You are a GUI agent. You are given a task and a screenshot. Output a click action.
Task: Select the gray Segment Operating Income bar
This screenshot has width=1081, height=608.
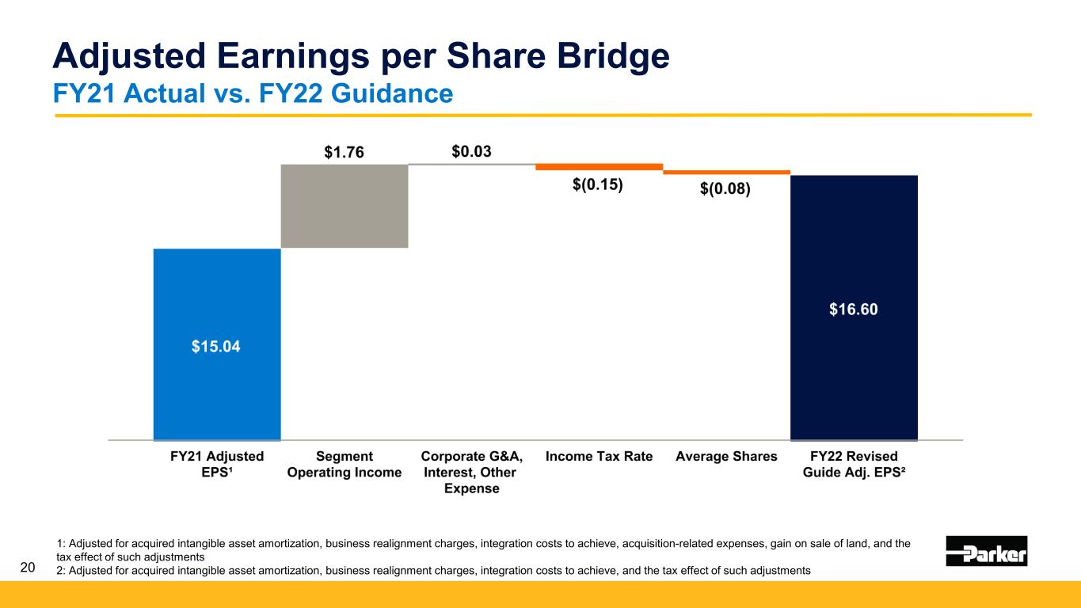point(344,206)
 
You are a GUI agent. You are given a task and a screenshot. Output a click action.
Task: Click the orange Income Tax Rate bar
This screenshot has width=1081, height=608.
point(599,167)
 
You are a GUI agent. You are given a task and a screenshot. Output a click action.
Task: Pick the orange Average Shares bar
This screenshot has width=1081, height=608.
point(726,172)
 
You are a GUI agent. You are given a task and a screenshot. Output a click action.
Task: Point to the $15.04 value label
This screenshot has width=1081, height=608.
point(217,346)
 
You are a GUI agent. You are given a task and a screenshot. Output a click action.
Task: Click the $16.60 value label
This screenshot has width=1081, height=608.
point(854,310)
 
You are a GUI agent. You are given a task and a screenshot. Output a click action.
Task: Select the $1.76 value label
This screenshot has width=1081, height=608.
point(344,152)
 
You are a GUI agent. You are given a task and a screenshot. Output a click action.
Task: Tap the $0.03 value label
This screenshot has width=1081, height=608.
point(471,150)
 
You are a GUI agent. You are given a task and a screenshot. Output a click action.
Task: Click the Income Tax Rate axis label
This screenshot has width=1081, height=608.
point(599,456)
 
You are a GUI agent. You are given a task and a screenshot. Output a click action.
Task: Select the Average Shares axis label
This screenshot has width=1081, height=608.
point(726,456)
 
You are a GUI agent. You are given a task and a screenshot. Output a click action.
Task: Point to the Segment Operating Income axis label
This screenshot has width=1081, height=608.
point(344,464)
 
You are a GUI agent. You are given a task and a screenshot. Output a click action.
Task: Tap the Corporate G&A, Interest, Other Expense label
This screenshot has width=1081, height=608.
point(471,472)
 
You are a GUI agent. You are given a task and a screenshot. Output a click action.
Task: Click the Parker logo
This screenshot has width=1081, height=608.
point(987,551)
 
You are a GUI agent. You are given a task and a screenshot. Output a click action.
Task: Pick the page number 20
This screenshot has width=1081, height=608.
point(28,567)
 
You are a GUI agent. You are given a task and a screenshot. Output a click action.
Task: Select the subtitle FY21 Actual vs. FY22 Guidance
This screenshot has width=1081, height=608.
point(253,94)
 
